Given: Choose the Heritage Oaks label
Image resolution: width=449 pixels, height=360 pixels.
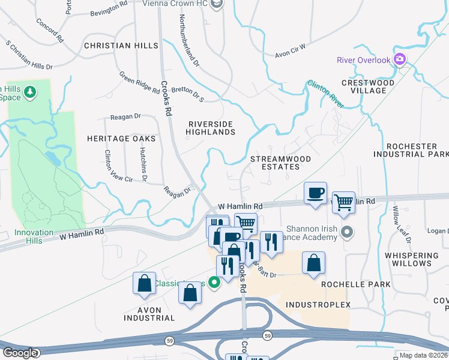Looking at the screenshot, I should point(122,139).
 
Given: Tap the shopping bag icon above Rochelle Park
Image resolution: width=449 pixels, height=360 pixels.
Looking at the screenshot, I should point(313,263).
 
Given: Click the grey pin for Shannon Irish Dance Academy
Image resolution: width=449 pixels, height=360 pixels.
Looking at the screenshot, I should point(346,232).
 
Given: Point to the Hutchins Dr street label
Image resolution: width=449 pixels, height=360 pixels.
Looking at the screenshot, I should point(144,166).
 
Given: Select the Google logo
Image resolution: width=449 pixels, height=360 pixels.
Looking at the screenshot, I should point(20,353).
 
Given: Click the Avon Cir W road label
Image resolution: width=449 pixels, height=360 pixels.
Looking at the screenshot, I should point(291,50).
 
